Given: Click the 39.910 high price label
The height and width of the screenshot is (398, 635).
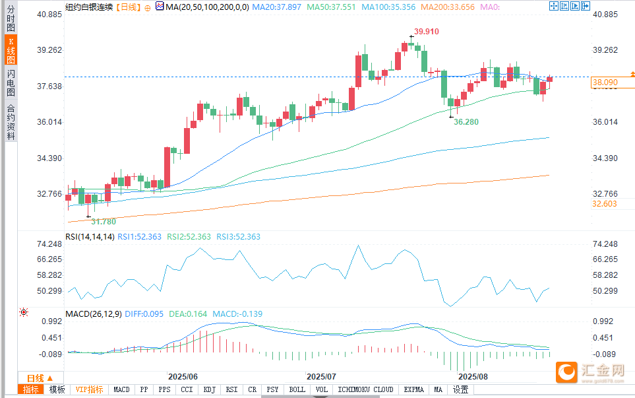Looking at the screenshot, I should [x=427, y=32].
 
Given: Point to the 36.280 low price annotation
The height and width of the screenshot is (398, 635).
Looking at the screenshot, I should [x=466, y=123].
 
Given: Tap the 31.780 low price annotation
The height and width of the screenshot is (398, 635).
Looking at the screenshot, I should [x=104, y=221].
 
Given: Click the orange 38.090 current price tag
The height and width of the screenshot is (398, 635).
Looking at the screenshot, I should [x=605, y=83].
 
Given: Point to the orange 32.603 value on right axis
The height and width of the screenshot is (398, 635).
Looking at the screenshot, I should [x=605, y=204].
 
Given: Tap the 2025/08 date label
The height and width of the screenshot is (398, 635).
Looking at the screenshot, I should [x=473, y=376].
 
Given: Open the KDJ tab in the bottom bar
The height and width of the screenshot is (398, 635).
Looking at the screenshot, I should [x=209, y=390].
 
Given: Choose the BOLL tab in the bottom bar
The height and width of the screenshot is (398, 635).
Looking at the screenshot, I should [x=297, y=390].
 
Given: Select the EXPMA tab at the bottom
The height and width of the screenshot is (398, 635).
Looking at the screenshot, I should [x=415, y=390].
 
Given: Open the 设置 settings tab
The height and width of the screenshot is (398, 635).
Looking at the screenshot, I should [x=460, y=390].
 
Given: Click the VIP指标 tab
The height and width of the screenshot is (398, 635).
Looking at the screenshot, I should [x=89, y=390].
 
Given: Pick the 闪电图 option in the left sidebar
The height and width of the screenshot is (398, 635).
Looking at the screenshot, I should [x=11, y=83].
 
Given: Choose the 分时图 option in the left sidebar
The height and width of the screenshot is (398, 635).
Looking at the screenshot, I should [x=11, y=19].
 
